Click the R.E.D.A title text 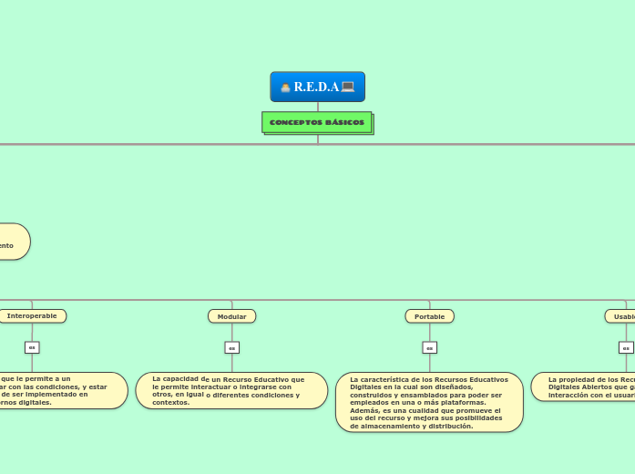(x=316, y=87)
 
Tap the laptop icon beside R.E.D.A (x=347, y=87)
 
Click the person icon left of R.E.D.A (x=286, y=88)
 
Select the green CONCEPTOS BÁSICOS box (x=317, y=122)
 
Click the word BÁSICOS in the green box (x=345, y=122)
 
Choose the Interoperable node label (x=32, y=315)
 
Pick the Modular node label (x=231, y=316)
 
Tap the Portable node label (x=429, y=316)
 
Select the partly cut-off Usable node (x=621, y=316)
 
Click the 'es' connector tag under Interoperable (x=32, y=347)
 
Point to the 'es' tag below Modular (x=231, y=347)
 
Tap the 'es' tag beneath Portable (x=429, y=347)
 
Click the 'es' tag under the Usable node (x=626, y=347)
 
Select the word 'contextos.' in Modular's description (x=170, y=402)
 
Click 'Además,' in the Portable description (x=365, y=410)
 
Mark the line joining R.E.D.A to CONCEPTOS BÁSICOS (x=318, y=107)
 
